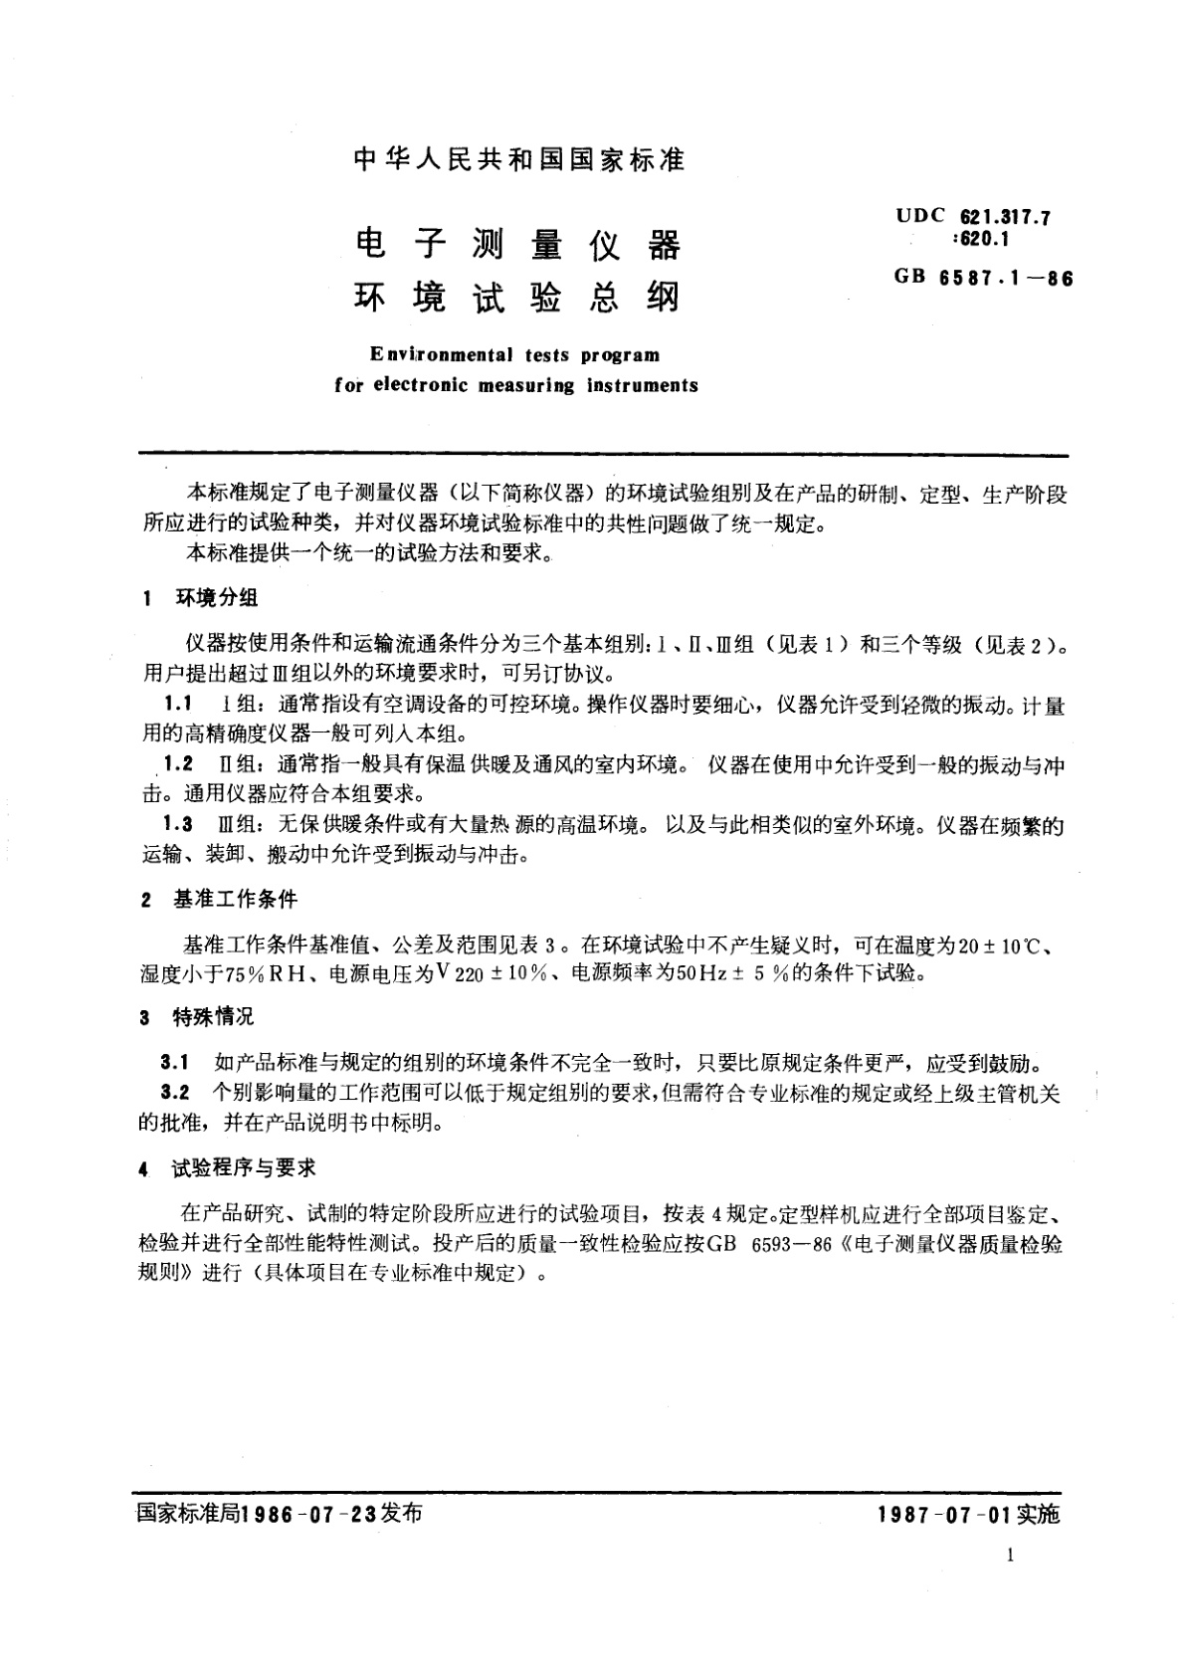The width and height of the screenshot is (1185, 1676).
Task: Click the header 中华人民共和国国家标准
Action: (x=519, y=159)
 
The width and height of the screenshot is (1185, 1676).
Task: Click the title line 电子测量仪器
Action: (x=517, y=244)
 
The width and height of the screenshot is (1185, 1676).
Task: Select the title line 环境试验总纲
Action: (x=517, y=298)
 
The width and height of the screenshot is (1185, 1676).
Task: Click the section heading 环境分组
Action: (x=217, y=597)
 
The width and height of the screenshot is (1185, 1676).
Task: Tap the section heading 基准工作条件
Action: (x=235, y=899)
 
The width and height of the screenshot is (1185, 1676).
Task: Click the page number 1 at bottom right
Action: (x=1011, y=1556)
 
